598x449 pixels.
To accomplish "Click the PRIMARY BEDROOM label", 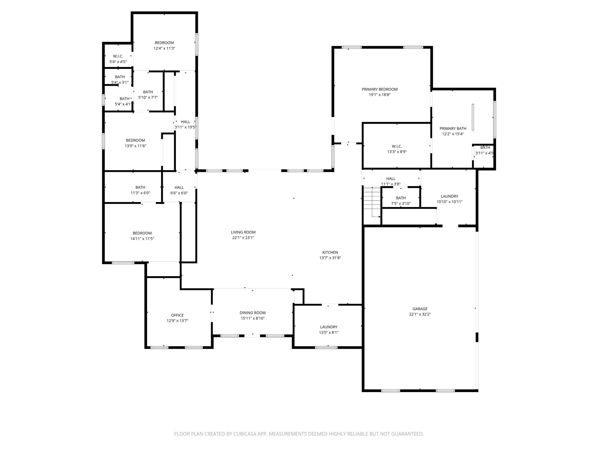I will (x=379, y=89).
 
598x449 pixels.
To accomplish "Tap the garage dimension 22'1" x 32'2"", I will (x=420, y=314).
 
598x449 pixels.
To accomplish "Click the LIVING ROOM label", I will (x=243, y=232).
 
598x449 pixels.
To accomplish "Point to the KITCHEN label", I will (x=330, y=253).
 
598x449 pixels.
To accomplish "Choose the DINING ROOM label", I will (x=253, y=313).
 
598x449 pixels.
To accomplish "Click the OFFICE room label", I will (x=177, y=315).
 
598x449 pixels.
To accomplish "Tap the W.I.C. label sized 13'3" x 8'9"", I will (x=397, y=146).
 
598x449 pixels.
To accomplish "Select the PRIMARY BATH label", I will (x=453, y=129).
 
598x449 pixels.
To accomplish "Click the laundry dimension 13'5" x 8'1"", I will (x=328, y=332).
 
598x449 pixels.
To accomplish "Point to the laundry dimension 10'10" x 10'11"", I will (x=449, y=202).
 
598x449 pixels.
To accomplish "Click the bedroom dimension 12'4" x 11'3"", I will (x=164, y=48).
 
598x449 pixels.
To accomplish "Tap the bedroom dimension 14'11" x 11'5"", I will (x=142, y=239).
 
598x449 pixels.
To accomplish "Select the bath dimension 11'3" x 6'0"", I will (x=140, y=193).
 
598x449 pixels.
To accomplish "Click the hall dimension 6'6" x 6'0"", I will (x=179, y=193).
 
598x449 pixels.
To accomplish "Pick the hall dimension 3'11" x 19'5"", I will (x=185, y=127).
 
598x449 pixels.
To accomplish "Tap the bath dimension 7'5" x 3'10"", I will (x=401, y=203).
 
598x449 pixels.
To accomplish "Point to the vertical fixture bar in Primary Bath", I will (x=473, y=117).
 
